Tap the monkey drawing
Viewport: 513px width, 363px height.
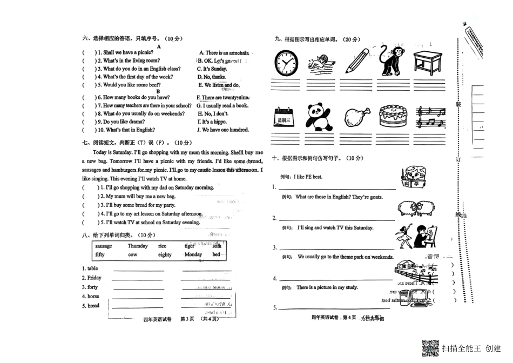[x=392, y=60]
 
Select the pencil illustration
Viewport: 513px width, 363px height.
[x=356, y=60]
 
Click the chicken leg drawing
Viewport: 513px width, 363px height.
[x=356, y=117]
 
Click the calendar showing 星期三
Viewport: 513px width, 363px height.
[x=285, y=118]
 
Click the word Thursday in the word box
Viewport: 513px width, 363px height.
[x=138, y=246]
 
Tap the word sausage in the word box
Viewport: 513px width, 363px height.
[x=104, y=246]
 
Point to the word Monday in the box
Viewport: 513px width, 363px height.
[x=193, y=254]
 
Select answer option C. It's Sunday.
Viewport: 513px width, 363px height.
[x=212, y=69]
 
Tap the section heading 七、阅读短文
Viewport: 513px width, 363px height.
[x=111, y=143]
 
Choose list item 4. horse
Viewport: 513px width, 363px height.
[x=91, y=297]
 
